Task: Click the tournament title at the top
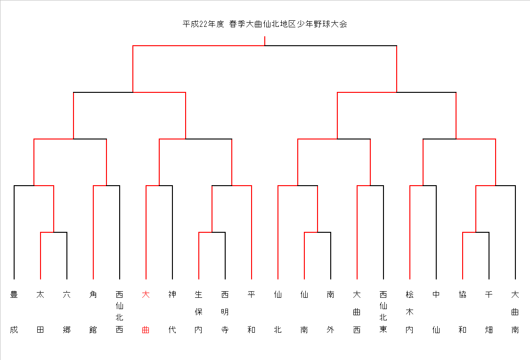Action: (265, 24)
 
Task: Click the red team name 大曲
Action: (146, 312)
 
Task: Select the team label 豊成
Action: (14, 312)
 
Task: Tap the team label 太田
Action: (40, 312)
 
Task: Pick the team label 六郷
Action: (66, 312)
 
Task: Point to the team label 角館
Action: (93, 312)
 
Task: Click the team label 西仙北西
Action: (119, 312)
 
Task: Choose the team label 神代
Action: (172, 312)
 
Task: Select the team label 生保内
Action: (198, 312)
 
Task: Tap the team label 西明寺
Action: (225, 312)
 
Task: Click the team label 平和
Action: (251, 312)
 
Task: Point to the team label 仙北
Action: (277, 312)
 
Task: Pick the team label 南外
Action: (330, 312)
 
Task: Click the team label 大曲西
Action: (357, 312)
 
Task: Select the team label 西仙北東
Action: (383, 312)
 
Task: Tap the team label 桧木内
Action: (409, 312)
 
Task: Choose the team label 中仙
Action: (436, 312)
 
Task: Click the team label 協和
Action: (463, 312)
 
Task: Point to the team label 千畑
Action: (489, 312)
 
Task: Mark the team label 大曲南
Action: (515, 312)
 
